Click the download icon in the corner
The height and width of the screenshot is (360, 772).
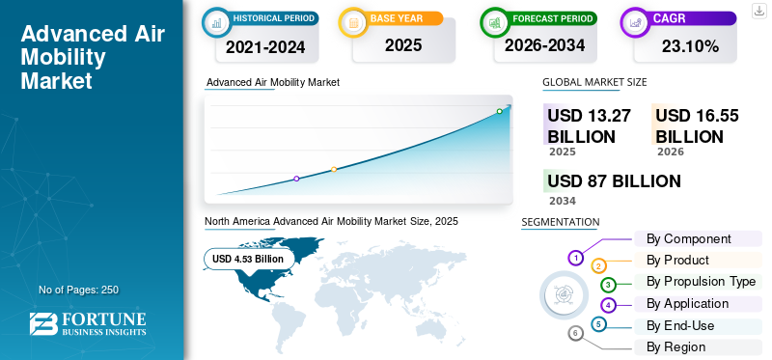point(758,11)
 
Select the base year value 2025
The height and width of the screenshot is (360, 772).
point(403,45)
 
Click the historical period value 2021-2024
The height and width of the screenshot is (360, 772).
point(266,46)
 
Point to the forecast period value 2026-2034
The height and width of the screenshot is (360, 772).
point(544,45)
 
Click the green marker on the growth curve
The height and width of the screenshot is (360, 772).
point(499,111)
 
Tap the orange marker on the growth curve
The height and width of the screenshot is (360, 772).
point(334,170)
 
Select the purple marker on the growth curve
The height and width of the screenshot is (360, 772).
point(296,179)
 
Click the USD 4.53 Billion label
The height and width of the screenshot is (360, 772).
point(248,259)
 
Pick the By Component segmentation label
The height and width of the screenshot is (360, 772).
point(689,238)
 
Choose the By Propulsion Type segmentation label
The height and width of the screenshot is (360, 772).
point(702,282)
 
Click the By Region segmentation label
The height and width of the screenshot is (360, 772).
point(676,347)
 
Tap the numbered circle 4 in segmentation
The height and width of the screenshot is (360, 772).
point(609,305)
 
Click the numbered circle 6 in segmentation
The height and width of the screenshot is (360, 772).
point(575,334)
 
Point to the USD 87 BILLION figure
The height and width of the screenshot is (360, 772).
point(614,181)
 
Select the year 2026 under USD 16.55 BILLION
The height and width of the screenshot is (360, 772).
point(671,152)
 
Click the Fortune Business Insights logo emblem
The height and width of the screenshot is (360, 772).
point(43,324)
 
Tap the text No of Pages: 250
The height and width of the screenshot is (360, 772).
point(79,290)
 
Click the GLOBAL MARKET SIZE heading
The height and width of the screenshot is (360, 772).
point(594,82)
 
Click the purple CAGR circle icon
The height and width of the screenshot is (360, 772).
point(636,22)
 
